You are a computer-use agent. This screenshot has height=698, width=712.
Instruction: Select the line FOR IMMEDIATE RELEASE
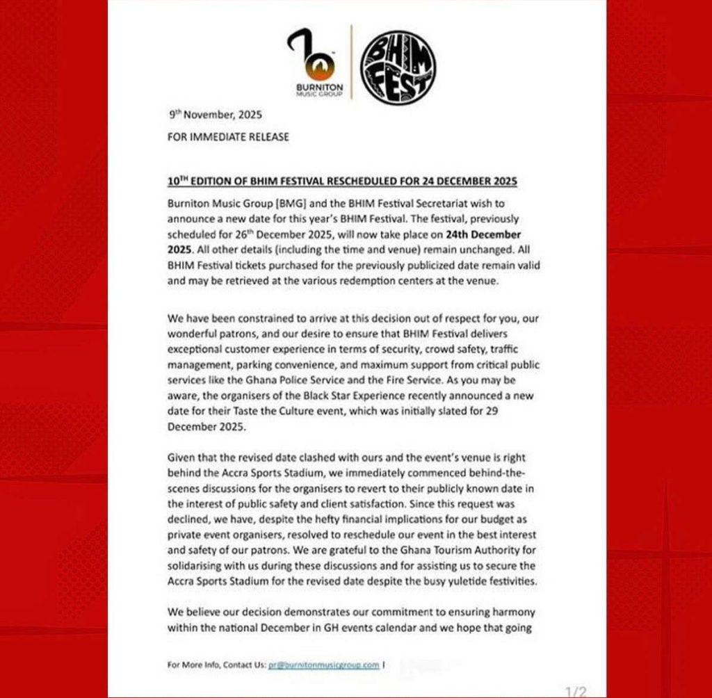click(228, 137)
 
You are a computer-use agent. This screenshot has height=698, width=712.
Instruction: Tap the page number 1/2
click(575, 690)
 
